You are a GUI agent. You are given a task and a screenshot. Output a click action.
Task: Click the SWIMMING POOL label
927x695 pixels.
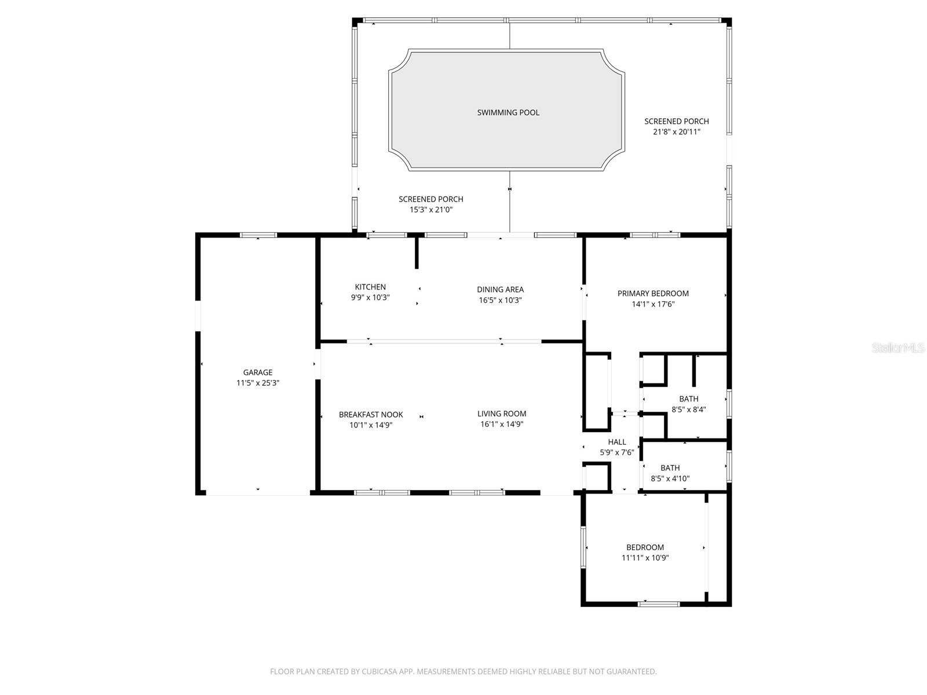point(508,112)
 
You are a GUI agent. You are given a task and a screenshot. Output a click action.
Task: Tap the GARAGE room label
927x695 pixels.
point(257,372)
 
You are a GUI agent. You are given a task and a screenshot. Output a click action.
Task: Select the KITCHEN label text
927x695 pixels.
point(370,287)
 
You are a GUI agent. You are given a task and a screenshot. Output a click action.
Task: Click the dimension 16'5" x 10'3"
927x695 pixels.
point(500,300)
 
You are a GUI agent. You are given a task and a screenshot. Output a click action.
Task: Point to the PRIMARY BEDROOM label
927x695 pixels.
point(653,293)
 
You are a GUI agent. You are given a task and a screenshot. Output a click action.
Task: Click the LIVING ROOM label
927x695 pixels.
point(502,414)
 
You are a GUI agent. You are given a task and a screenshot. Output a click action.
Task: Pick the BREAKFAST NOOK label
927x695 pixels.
point(371,415)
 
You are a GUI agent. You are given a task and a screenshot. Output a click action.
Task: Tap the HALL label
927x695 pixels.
point(617,442)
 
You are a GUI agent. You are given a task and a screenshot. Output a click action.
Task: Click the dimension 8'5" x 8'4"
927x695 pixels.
point(688,409)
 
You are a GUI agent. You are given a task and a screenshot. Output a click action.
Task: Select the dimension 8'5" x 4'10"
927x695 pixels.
point(670,478)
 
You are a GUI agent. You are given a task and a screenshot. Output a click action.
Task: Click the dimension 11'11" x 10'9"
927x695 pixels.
point(645,558)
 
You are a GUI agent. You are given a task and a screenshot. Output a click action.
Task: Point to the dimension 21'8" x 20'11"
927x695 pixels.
point(676,131)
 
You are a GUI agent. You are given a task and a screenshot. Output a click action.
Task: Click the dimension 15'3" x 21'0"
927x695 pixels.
point(430,210)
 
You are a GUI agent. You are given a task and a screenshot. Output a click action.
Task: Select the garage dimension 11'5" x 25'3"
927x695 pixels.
point(257,383)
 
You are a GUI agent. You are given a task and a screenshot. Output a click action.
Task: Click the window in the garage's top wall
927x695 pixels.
point(258,235)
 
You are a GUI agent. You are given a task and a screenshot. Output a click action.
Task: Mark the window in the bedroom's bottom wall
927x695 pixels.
point(658,604)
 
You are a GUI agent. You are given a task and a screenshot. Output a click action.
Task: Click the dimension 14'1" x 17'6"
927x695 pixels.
point(653,304)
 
